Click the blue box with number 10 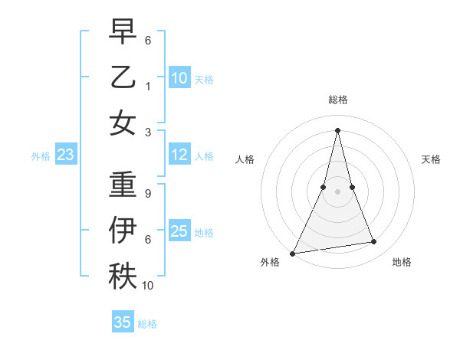point(179,77)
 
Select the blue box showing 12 point(179,155)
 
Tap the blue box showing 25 point(179,231)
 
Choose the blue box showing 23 point(65,155)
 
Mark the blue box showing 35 point(123,322)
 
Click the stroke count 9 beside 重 point(147,194)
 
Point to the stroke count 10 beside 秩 point(148,285)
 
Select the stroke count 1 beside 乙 point(147,86)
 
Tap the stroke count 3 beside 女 point(147,131)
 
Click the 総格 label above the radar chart point(337,100)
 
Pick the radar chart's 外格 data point point(293,253)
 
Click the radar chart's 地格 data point point(374,242)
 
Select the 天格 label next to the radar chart point(432,159)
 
